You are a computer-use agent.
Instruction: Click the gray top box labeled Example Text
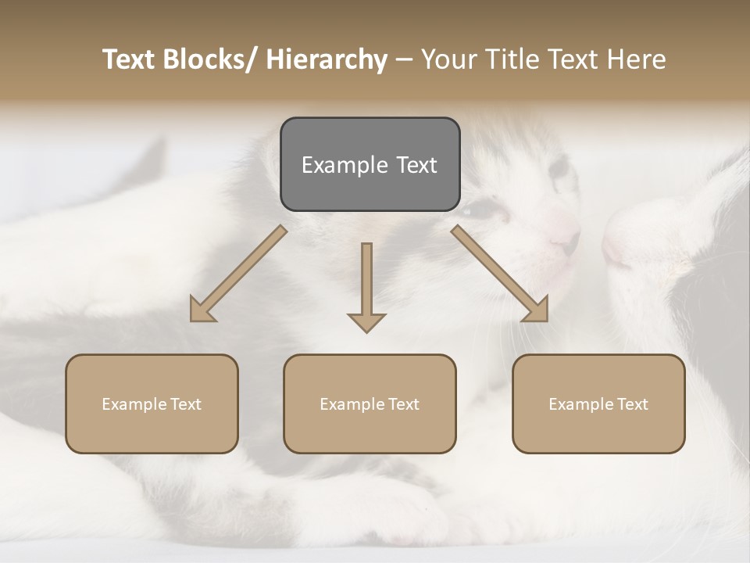click(x=370, y=164)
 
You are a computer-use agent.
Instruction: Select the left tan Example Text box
click(x=152, y=403)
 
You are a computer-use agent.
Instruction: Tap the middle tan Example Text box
click(x=370, y=403)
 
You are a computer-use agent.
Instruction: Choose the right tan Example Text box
click(x=598, y=403)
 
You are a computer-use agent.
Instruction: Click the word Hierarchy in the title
click(x=327, y=59)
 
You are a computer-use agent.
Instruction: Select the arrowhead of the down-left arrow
click(x=202, y=310)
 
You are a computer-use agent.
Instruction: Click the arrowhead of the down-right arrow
click(x=536, y=310)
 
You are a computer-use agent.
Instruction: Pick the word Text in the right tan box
click(x=634, y=403)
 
